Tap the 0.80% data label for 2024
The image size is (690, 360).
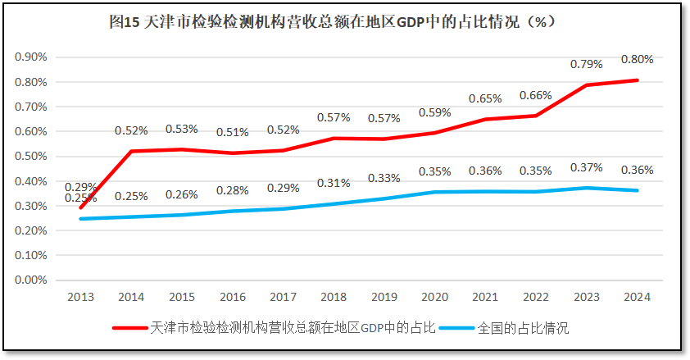(x=637, y=59)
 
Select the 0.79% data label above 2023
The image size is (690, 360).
(x=586, y=64)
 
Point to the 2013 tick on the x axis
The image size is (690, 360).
(x=80, y=297)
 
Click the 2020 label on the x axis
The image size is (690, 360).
(x=434, y=297)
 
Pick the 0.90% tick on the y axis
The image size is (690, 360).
(x=31, y=57)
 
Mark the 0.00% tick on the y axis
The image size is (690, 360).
(x=31, y=280)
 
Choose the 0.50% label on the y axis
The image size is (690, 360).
(x=31, y=156)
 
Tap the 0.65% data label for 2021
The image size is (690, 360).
(x=485, y=98)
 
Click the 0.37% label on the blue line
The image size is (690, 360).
(x=586, y=167)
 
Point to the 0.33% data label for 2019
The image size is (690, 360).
(x=384, y=178)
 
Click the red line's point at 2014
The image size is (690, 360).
(x=131, y=151)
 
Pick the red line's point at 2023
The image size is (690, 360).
(x=587, y=84)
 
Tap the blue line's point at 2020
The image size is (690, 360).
(x=435, y=192)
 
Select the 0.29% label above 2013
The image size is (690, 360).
(x=80, y=187)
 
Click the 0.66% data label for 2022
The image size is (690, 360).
(x=535, y=95)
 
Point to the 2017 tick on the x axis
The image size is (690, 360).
(x=283, y=297)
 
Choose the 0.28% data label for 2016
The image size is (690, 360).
(x=232, y=190)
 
